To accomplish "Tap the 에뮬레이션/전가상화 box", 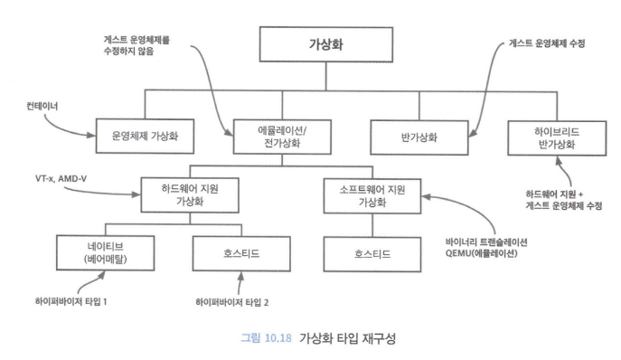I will coord(278,137).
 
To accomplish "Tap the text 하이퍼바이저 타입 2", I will coord(236,300).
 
